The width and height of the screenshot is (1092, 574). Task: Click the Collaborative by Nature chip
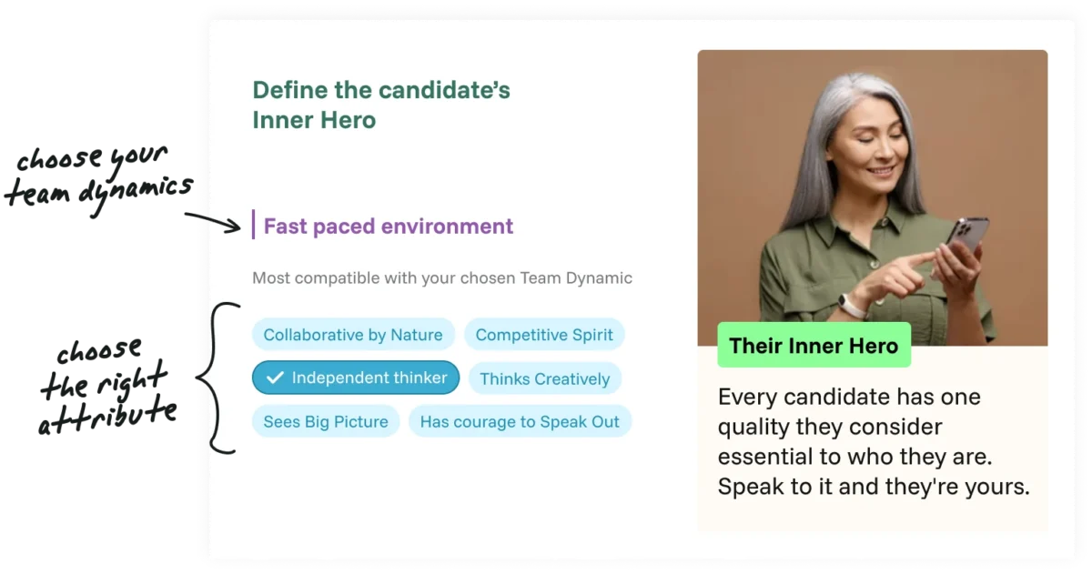(x=353, y=335)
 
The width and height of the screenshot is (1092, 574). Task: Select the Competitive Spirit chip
(x=544, y=335)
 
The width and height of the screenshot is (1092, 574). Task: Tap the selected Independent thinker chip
(x=356, y=378)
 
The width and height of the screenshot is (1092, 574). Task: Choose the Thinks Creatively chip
(x=544, y=378)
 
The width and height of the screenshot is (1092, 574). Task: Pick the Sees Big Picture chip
(x=326, y=421)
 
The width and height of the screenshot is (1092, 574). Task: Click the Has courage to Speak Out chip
(x=520, y=421)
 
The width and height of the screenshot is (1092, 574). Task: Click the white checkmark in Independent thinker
(x=275, y=378)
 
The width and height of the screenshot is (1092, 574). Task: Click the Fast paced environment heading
(x=388, y=227)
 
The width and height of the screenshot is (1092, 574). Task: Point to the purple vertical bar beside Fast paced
(x=254, y=225)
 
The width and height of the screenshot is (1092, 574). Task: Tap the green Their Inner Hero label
(x=814, y=345)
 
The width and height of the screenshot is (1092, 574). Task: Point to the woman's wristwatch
(x=852, y=306)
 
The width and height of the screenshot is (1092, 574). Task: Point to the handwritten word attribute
(x=107, y=416)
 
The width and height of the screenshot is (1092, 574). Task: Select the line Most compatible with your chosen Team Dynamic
(x=442, y=278)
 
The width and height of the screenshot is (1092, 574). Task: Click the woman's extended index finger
(x=913, y=260)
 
